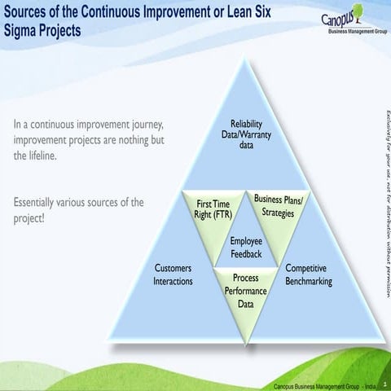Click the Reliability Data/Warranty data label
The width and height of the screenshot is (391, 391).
(246, 135)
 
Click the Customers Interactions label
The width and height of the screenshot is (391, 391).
(173, 275)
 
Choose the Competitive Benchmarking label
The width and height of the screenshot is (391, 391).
(308, 275)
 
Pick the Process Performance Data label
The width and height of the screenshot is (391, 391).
(245, 291)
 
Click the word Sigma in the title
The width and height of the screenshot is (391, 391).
(22, 31)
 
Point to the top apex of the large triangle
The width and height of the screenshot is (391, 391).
(246, 59)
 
